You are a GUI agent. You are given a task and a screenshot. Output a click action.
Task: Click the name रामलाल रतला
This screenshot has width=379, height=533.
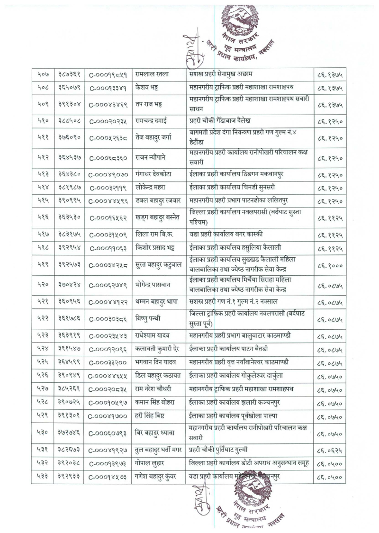click(152, 74)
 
